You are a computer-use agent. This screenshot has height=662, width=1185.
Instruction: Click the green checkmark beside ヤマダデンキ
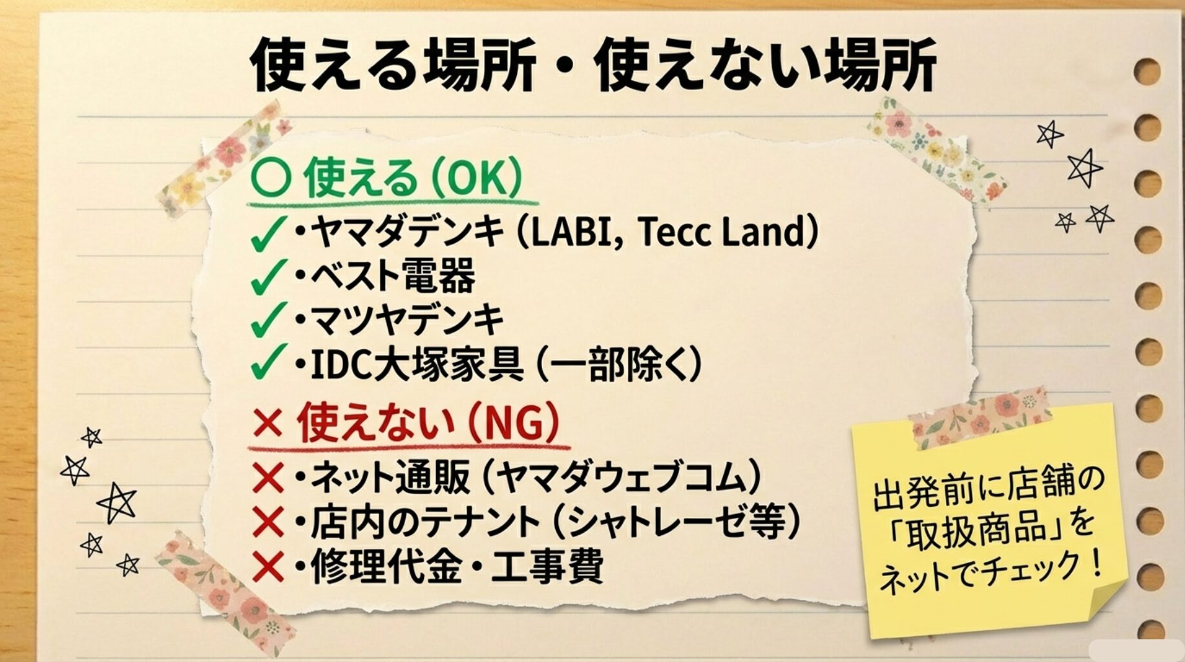267,233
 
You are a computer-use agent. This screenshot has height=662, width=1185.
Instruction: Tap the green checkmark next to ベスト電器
267,277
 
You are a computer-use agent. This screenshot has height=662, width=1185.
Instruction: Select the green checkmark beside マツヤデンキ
267,320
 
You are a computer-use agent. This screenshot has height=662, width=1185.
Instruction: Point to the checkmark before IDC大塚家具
267,362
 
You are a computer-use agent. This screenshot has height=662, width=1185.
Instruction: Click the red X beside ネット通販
268,479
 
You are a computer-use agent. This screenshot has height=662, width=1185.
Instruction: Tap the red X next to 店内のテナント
268,522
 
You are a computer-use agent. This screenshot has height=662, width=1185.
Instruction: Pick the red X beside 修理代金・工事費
268,567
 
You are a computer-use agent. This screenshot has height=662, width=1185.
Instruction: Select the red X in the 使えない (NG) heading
268,423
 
